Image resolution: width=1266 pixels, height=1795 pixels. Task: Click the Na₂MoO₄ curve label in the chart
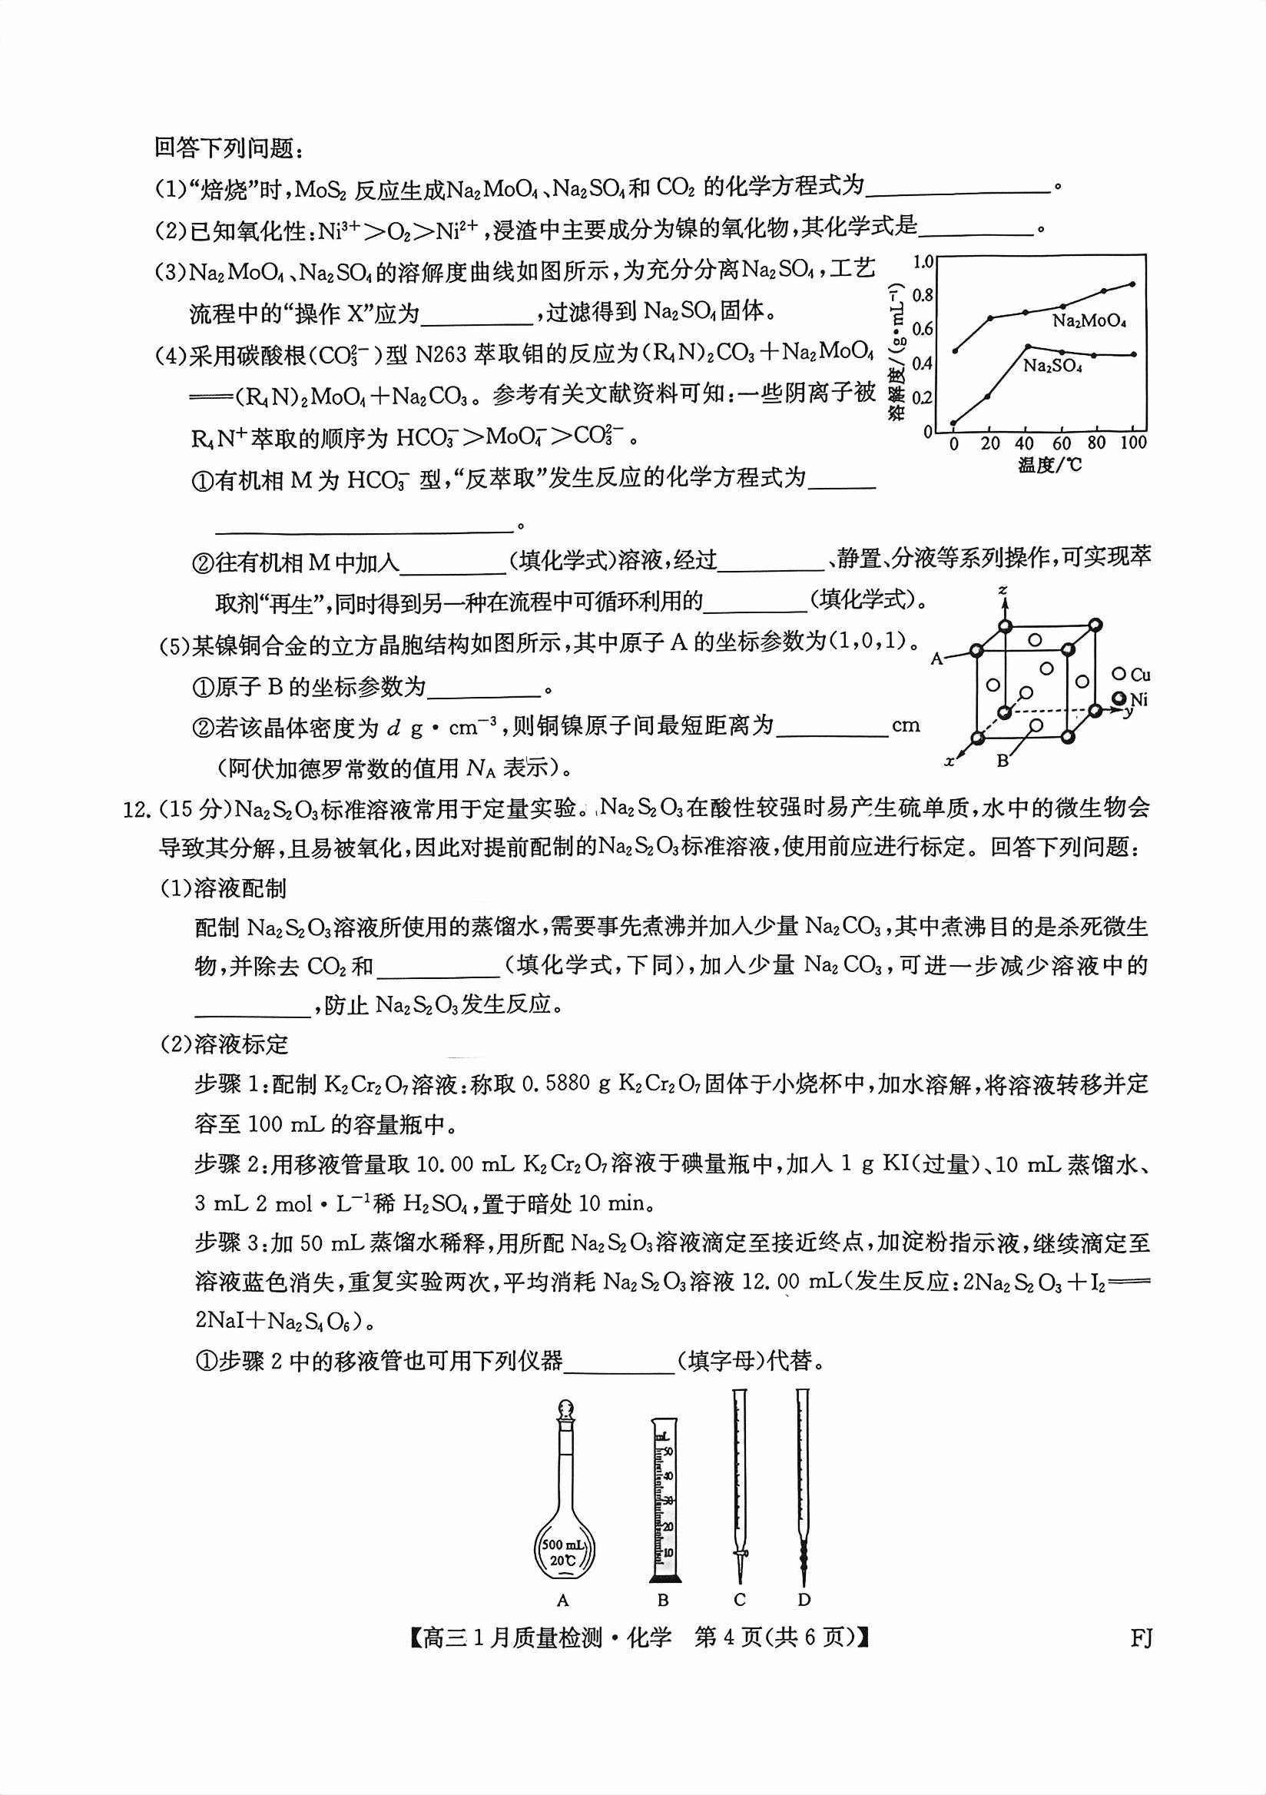pyautogui.click(x=1089, y=320)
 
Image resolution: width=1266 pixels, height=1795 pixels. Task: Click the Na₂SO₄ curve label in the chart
pyautogui.click(x=1052, y=366)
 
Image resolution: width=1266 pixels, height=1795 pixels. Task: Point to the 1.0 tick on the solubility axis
pyautogui.click(x=923, y=261)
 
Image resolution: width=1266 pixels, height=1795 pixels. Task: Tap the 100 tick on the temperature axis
pyautogui.click(x=1132, y=443)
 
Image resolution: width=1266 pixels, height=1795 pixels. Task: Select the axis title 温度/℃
pyautogui.click(x=1049, y=465)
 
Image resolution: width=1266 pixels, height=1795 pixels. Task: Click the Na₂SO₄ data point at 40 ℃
pyautogui.click(x=1027, y=346)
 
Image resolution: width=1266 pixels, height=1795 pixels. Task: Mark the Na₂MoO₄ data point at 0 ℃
pyautogui.click(x=955, y=350)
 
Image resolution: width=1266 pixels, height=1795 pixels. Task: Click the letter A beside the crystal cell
pyautogui.click(x=937, y=659)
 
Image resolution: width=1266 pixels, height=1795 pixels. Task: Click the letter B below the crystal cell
pyautogui.click(x=1003, y=760)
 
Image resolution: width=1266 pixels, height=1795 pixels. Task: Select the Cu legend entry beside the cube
pyautogui.click(x=1133, y=675)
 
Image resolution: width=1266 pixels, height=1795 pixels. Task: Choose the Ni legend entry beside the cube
pyautogui.click(x=1132, y=699)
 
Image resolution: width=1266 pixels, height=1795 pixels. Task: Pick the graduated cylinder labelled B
pyautogui.click(x=663, y=1513)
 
